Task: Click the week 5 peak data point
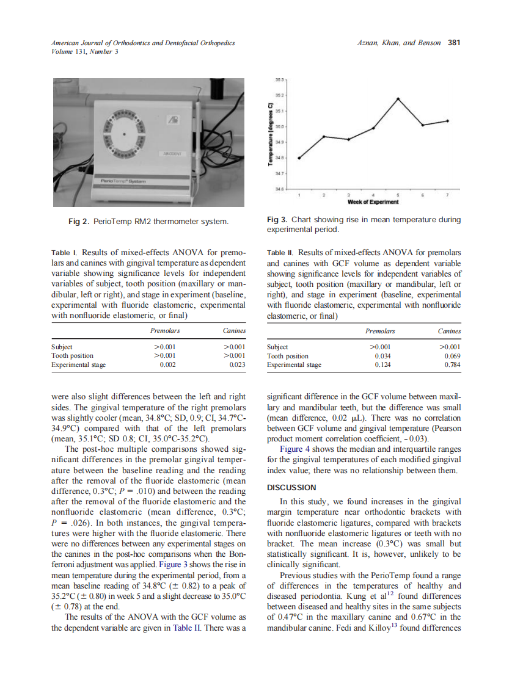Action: [x=398, y=98]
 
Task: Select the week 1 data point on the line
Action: [x=299, y=158]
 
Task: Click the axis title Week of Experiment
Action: [x=373, y=201]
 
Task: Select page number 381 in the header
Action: [x=454, y=43]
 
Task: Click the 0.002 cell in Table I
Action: [x=167, y=364]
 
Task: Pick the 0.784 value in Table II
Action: [x=452, y=365]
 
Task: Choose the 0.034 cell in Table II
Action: [x=382, y=356]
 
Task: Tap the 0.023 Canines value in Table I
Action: [x=237, y=364]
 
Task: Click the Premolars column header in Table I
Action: [x=165, y=331]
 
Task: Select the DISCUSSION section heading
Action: [x=292, y=487]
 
